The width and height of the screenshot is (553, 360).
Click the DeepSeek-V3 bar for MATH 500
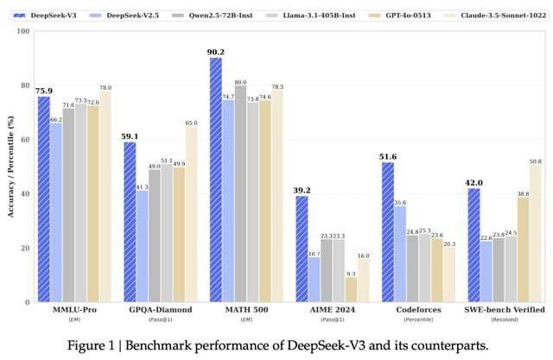(x=215, y=180)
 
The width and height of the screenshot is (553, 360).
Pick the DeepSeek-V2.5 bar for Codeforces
(x=400, y=254)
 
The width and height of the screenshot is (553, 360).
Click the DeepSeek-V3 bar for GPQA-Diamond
(x=129, y=222)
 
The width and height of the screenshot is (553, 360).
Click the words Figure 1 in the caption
(x=92, y=345)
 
